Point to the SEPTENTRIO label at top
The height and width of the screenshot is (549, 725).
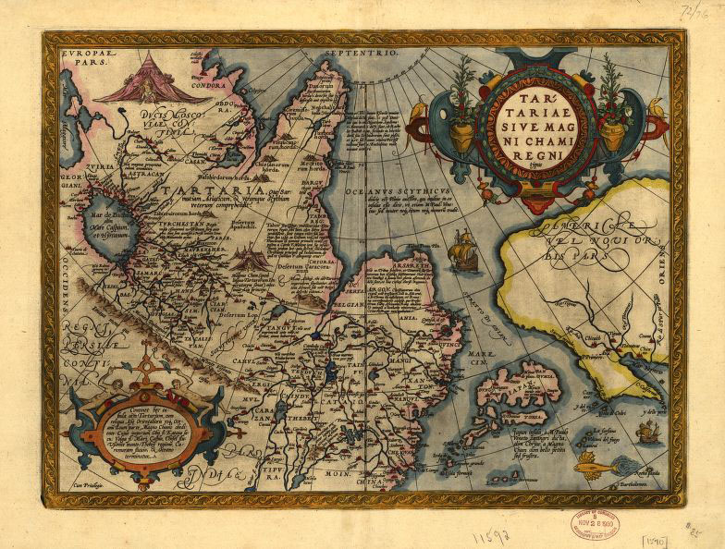click(x=361, y=55)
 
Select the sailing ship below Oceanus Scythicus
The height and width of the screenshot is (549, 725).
click(x=463, y=252)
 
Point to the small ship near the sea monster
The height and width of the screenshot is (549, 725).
click(x=649, y=430)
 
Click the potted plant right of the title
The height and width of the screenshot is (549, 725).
click(x=612, y=102)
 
